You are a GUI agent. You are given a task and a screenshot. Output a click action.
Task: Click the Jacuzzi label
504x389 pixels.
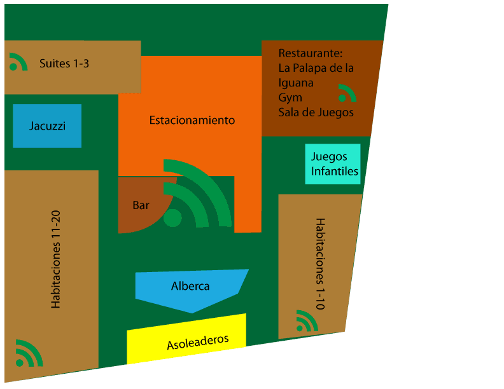point(47,126)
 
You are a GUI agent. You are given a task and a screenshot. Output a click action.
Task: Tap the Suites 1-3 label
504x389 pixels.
point(64,64)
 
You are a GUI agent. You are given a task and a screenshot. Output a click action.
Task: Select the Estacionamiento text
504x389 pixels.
point(192,120)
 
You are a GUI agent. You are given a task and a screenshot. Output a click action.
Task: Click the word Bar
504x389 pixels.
point(141,205)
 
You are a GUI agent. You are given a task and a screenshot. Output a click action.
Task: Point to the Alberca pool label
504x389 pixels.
point(190,286)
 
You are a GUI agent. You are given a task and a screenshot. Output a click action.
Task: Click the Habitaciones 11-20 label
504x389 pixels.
point(57,265)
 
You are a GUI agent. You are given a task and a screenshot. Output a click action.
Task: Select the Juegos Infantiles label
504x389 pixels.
point(334,163)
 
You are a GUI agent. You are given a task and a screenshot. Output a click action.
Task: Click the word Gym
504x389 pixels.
point(290,98)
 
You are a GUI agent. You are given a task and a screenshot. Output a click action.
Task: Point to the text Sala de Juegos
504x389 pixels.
point(316,113)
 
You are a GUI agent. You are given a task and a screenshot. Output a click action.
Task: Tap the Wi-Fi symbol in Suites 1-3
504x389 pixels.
point(17,62)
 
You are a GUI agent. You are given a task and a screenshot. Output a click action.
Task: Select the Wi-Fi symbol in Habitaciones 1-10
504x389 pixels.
point(306,322)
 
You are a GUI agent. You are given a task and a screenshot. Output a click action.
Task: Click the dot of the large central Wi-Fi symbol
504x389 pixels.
point(172,218)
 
